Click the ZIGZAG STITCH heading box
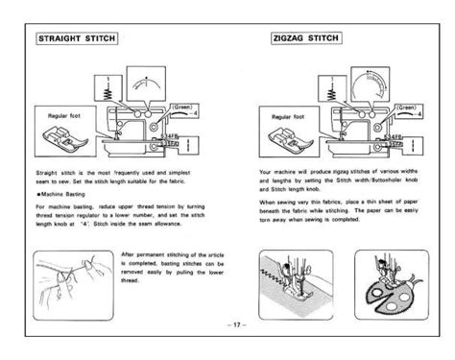[x=305, y=40]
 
